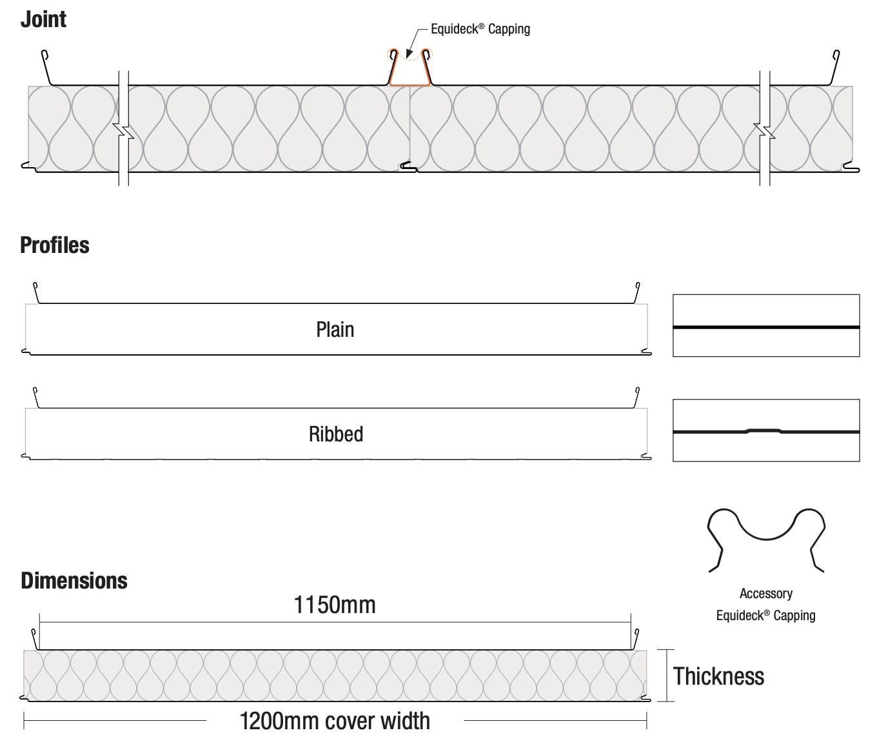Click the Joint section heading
43,19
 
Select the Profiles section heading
55,245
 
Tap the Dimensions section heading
74,581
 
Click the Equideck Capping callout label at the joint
480,29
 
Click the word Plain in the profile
335,330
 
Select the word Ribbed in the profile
336,434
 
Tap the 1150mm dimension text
335,605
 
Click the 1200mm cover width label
335,721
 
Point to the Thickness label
718,676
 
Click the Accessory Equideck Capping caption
765,605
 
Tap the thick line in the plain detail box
766,327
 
